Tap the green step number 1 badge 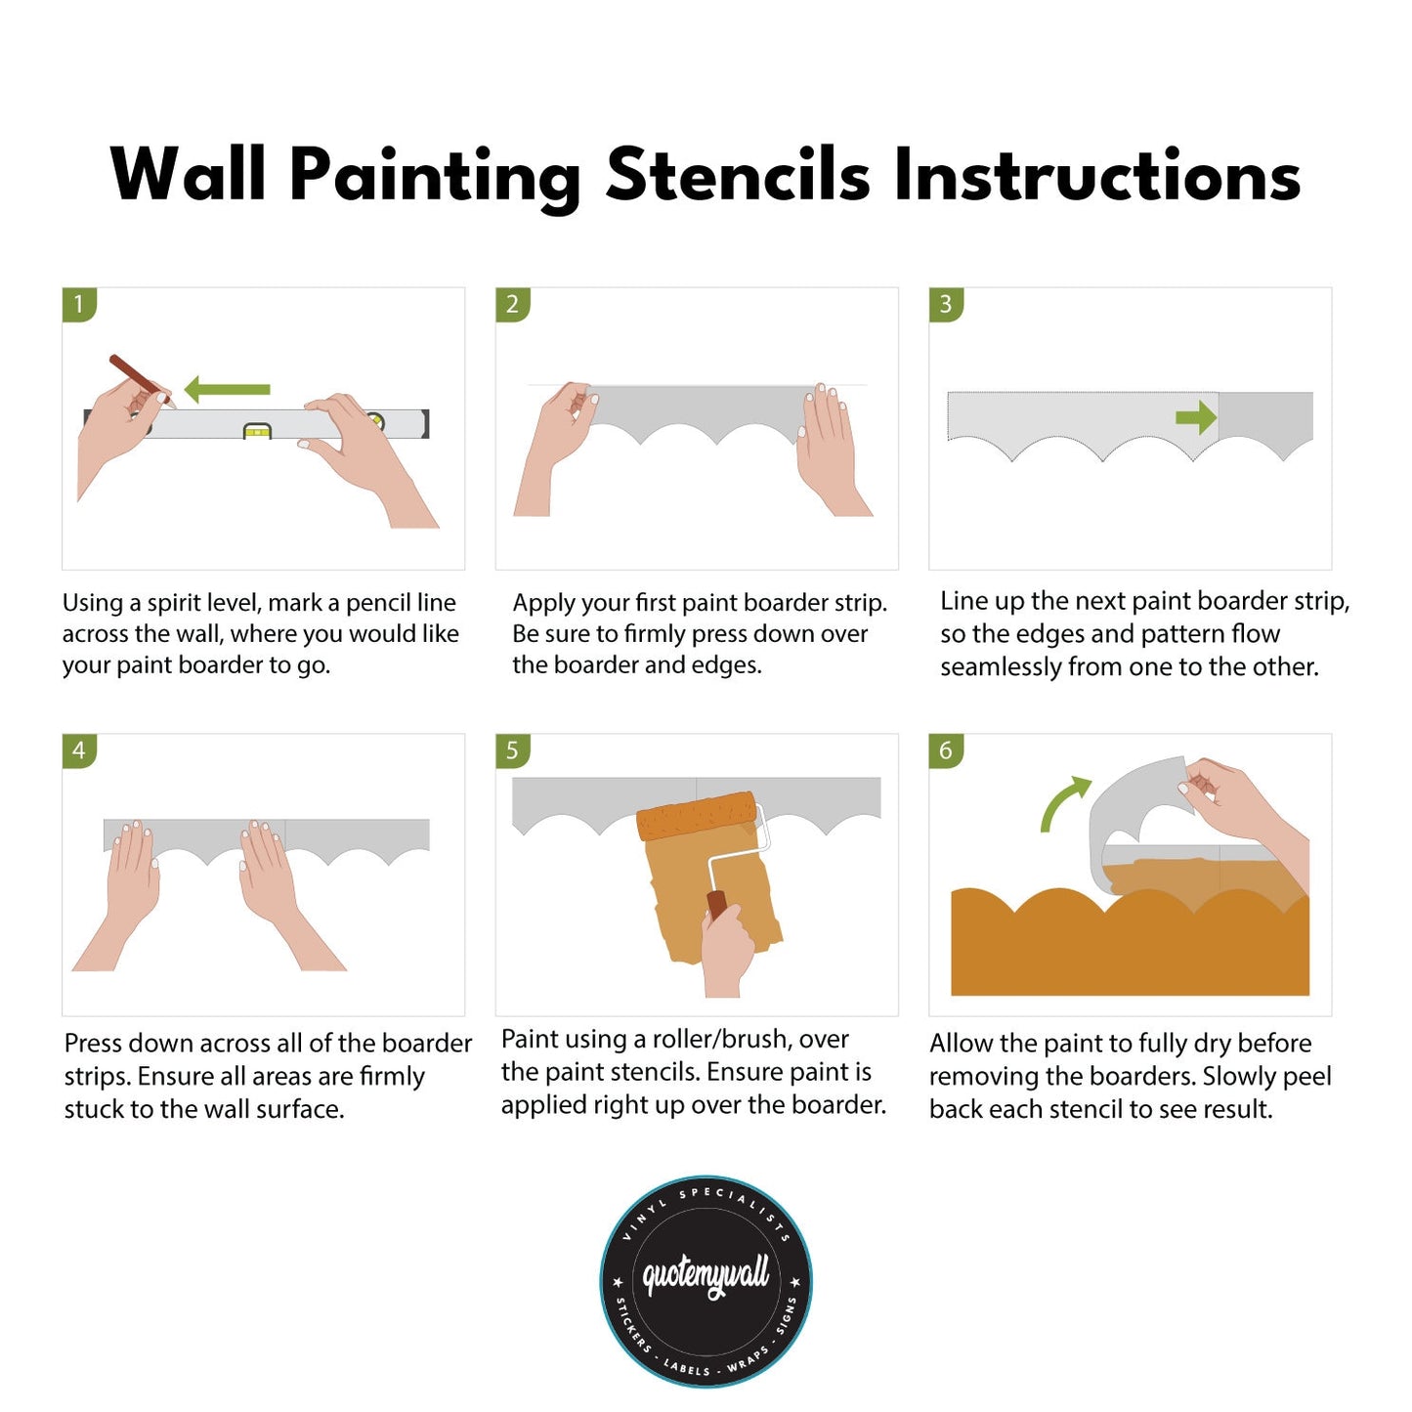(79, 304)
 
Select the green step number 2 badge (512, 304)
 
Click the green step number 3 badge (945, 304)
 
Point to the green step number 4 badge (79, 750)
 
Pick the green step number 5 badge (512, 750)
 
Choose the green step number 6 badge (945, 750)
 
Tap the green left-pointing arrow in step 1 (226, 389)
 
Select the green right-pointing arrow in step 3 (1195, 418)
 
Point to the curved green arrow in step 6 (1062, 803)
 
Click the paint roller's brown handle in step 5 (717, 904)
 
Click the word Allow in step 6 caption (960, 1043)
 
